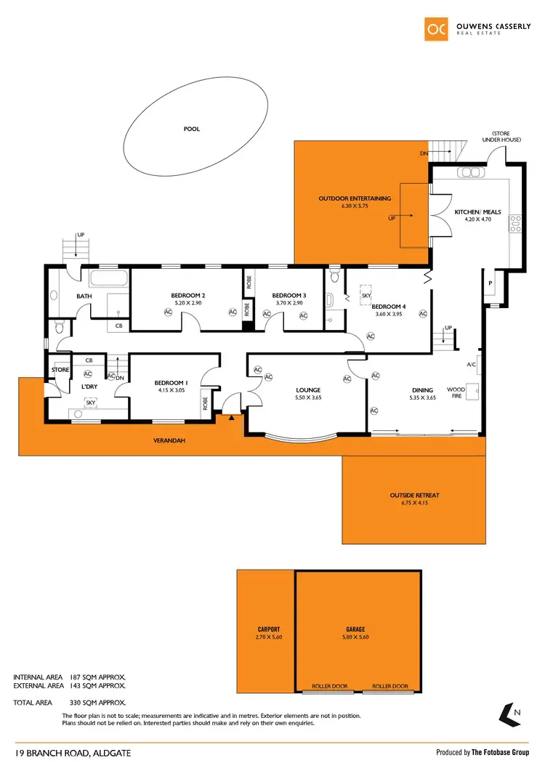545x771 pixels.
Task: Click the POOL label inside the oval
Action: tap(191, 129)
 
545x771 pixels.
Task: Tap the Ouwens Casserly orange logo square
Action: tap(436, 28)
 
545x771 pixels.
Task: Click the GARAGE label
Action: tap(355, 629)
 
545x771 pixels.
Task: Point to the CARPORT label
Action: tap(269, 629)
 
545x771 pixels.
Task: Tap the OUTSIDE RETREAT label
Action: tap(415, 496)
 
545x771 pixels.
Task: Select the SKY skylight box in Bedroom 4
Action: tap(366, 296)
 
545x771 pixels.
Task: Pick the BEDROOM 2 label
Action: tap(187, 295)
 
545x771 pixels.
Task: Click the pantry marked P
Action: tap(491, 283)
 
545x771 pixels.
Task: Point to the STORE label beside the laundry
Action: tap(60, 370)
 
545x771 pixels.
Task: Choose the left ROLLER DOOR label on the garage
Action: tap(326, 686)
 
